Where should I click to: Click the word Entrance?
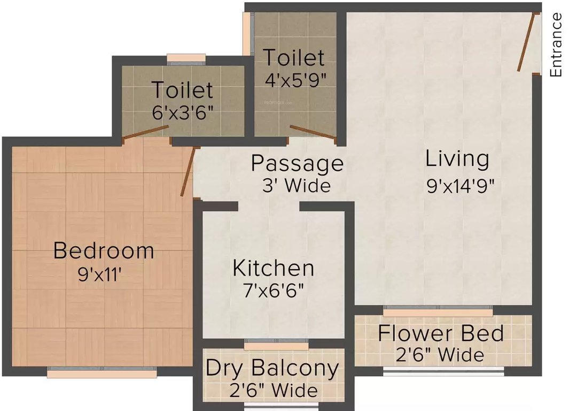pos(556,45)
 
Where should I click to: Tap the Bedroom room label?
pos(104,250)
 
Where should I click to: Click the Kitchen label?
pos(273,268)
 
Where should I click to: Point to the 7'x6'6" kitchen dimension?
pos(272,291)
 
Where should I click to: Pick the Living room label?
pos(457,158)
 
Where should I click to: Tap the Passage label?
pos(297,163)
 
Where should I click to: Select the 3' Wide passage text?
pos(296,186)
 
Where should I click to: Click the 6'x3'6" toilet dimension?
pos(183,113)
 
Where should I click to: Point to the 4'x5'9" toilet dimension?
pos(295,80)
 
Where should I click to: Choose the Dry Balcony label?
pos(272,368)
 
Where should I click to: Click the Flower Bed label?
pos(441,333)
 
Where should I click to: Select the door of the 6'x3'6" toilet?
pos(145,133)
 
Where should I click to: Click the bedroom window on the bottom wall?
pos(102,371)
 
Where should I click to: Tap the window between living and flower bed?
pos(438,310)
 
